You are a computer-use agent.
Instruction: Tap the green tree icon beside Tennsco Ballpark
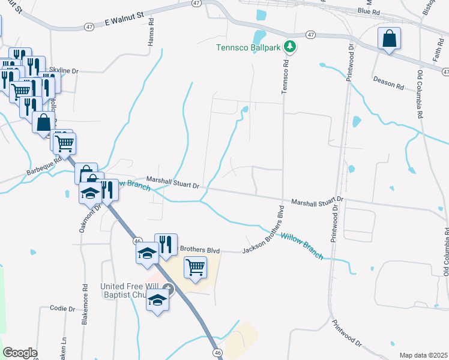click(290, 46)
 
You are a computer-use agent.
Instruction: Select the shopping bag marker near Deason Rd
click(389, 39)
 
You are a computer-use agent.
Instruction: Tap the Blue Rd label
click(369, 11)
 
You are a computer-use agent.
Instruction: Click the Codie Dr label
click(62, 309)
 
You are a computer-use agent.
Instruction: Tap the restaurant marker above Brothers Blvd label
click(166, 244)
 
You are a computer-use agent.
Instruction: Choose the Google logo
click(20, 353)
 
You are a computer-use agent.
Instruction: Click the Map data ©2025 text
click(423, 355)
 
